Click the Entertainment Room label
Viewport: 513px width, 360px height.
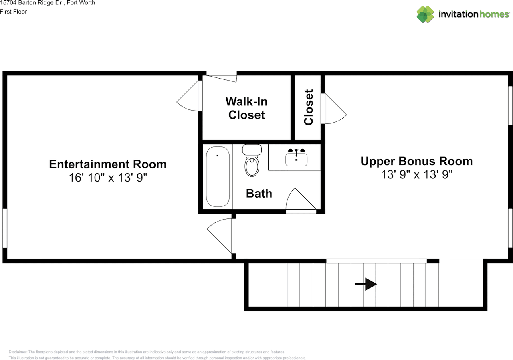107,164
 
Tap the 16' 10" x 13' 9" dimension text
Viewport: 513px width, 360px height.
108,178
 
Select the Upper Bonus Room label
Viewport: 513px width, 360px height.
416,161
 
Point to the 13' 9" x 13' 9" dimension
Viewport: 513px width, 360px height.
417,174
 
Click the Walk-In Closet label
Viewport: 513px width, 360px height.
246,108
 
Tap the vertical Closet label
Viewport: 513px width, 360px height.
308,107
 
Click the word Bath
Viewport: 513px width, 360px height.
259,193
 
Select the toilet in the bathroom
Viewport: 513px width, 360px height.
252,162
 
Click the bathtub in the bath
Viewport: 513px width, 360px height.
218,176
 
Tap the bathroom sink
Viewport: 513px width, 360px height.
296,158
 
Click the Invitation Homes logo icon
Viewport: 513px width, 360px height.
425,14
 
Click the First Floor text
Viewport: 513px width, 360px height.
14,12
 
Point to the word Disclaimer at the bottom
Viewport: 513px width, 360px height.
18,352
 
